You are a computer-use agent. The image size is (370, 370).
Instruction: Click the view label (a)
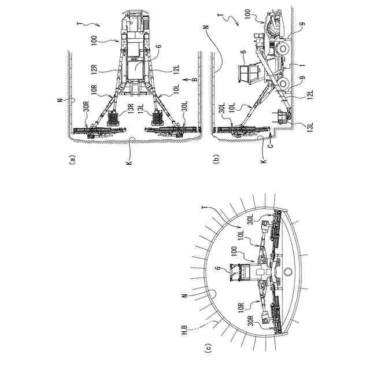click(x=72, y=160)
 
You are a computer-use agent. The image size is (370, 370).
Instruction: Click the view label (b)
click(x=216, y=159)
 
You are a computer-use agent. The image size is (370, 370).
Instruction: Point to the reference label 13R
click(x=131, y=109)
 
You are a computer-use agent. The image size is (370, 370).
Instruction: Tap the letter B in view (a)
click(x=195, y=80)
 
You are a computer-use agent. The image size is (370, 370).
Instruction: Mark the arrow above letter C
click(x=271, y=136)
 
